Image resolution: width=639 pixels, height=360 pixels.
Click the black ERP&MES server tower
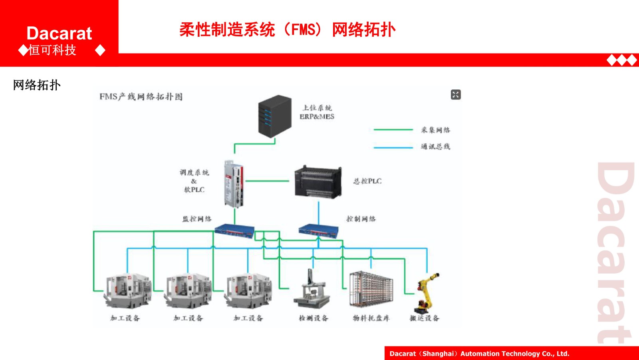pos(275,116)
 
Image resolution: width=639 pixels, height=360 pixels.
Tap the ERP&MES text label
pos(317,117)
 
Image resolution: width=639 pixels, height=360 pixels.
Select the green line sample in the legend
pos(393,129)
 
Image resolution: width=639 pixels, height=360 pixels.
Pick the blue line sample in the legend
pos(393,147)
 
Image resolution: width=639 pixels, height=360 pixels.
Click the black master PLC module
pos(318,182)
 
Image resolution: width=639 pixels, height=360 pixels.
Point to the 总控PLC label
pos(367,181)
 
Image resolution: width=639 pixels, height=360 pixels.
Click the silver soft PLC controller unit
pos(234,184)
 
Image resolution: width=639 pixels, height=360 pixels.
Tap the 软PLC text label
pos(194,190)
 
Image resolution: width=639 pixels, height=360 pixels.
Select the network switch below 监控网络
pos(234,231)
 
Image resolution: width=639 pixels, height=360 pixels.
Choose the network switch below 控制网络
pos(318,231)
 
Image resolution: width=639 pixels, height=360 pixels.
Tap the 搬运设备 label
pos(424,318)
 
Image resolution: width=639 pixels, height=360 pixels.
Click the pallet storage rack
pos(371,288)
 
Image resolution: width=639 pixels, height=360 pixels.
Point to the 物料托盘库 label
pos(371,318)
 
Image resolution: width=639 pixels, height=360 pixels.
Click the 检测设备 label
pos(314,318)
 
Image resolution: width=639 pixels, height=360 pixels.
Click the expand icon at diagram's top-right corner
pos(456,95)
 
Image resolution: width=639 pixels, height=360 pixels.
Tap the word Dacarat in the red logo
pos(59,33)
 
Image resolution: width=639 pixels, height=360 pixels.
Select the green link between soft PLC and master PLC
pos(267,181)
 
